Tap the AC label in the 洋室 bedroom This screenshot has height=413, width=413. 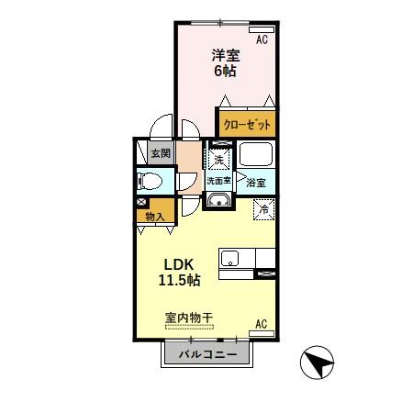pyautogui.click(x=262, y=39)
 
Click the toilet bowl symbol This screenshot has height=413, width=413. pyautogui.click(x=150, y=180)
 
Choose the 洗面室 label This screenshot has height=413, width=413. pyautogui.click(x=219, y=181)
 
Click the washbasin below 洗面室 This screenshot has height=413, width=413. pyautogui.click(x=219, y=201)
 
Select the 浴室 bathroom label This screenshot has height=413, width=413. pyautogui.click(x=255, y=183)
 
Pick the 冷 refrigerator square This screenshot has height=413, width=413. pyautogui.click(x=263, y=208)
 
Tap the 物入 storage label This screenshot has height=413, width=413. pyautogui.click(x=155, y=217)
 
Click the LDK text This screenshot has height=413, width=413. pyautogui.click(x=179, y=260)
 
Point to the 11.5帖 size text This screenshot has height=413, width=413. pyautogui.click(x=180, y=278)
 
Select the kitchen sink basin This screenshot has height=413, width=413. pyautogui.click(x=229, y=258)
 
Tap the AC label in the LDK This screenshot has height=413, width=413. pyautogui.click(x=261, y=324)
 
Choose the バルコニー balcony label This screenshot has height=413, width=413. pyautogui.click(x=207, y=354)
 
